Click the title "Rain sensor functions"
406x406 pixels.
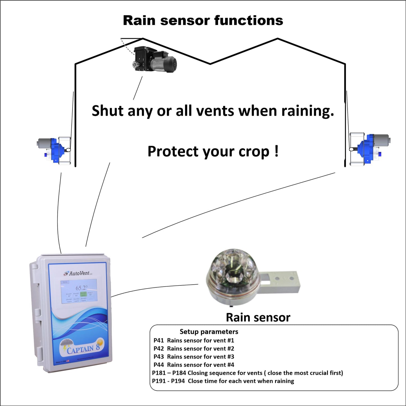203,21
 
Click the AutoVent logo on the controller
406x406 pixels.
78,273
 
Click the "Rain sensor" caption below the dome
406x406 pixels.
258,317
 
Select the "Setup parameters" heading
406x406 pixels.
209,332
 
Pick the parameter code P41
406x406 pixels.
159,341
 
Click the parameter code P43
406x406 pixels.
159,357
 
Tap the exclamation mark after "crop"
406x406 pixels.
277,151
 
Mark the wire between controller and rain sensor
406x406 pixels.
155,288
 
